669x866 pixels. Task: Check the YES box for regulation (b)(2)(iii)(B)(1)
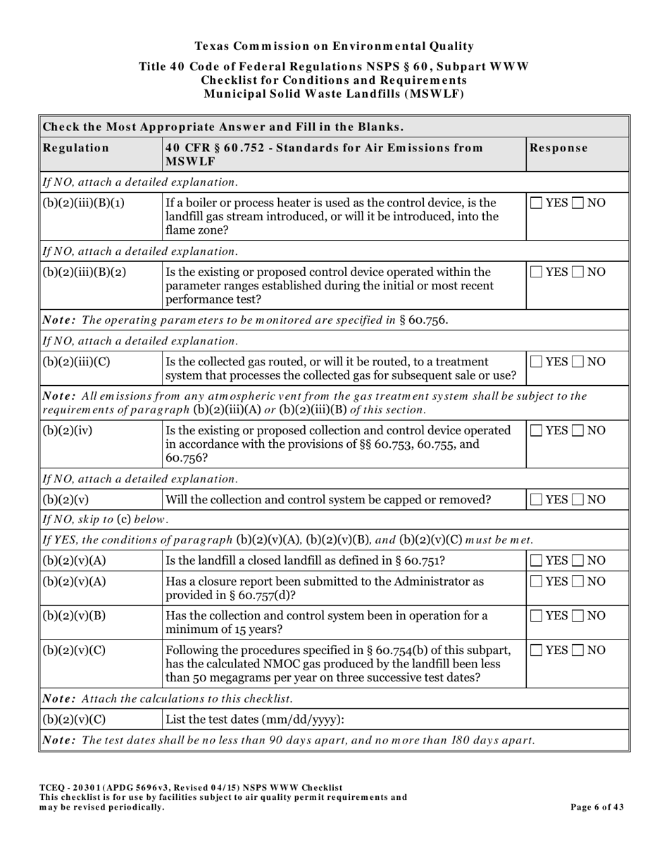[537, 203]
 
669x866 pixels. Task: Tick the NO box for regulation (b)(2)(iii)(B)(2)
[577, 272]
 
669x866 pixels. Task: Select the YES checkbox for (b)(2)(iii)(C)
[537, 362]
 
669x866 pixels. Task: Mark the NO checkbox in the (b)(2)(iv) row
[577, 431]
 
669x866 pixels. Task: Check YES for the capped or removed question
[537, 500]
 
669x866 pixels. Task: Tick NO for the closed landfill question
[577, 560]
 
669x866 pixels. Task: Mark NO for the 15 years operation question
[577, 616]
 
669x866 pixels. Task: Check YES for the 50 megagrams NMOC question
[537, 650]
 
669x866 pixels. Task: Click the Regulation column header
[76, 148]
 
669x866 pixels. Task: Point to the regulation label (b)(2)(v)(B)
[75, 616]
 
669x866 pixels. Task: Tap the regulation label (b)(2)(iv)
[68, 431]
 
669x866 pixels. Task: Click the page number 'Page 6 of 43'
[596, 807]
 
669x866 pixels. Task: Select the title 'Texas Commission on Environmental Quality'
[334, 46]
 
